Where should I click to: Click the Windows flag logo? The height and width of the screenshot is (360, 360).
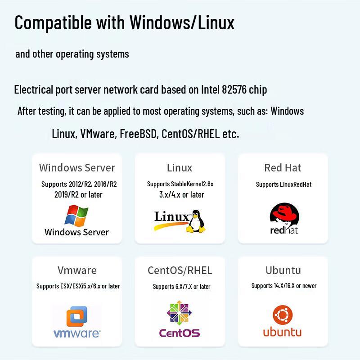[76, 216]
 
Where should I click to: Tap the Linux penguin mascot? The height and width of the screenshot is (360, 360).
[196, 221]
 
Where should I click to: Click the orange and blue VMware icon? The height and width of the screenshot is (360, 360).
[77, 316]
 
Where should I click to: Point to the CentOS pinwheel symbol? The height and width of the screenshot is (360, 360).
[179, 313]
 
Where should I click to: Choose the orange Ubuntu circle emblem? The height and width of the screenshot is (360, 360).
[283, 315]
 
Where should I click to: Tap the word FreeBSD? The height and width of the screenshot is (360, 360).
[138, 134]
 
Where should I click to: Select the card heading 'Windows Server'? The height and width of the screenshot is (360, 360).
[77, 167]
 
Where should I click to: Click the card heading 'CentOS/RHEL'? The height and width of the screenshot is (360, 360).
[180, 270]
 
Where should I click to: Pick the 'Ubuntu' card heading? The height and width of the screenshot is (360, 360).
[283, 270]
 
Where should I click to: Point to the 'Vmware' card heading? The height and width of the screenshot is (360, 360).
[77, 270]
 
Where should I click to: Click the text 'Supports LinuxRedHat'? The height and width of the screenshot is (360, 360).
[284, 184]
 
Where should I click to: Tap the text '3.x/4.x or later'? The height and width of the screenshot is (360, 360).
[182, 195]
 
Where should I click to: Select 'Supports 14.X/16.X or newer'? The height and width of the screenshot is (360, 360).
[284, 286]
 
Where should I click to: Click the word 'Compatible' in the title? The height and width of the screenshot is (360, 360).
[53, 22]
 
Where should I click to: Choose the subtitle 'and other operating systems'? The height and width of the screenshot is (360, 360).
[72, 54]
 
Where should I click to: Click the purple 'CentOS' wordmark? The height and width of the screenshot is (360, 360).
[180, 333]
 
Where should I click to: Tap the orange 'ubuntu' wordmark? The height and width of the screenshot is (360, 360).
[282, 332]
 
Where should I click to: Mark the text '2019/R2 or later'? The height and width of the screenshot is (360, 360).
[78, 195]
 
